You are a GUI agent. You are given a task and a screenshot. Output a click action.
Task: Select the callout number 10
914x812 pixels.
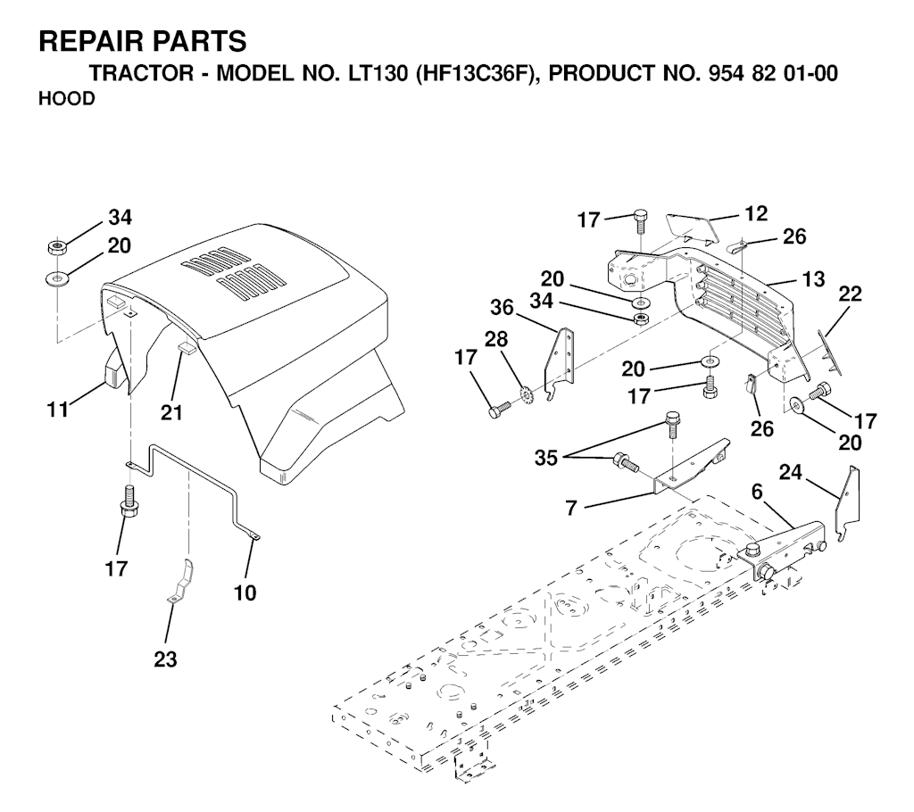245,592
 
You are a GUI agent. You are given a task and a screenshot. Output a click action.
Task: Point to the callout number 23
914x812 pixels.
165,659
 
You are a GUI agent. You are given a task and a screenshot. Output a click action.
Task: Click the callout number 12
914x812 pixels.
756,213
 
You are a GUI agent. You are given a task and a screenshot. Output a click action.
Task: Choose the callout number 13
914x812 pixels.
812,279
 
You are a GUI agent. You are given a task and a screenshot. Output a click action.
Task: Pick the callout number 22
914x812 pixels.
850,295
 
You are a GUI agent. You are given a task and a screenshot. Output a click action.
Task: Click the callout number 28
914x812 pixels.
495,340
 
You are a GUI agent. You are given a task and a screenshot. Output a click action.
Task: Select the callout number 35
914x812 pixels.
546,458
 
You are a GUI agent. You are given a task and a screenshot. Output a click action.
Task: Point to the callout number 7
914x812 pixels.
571,508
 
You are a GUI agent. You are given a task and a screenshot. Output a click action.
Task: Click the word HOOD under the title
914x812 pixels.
67,99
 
